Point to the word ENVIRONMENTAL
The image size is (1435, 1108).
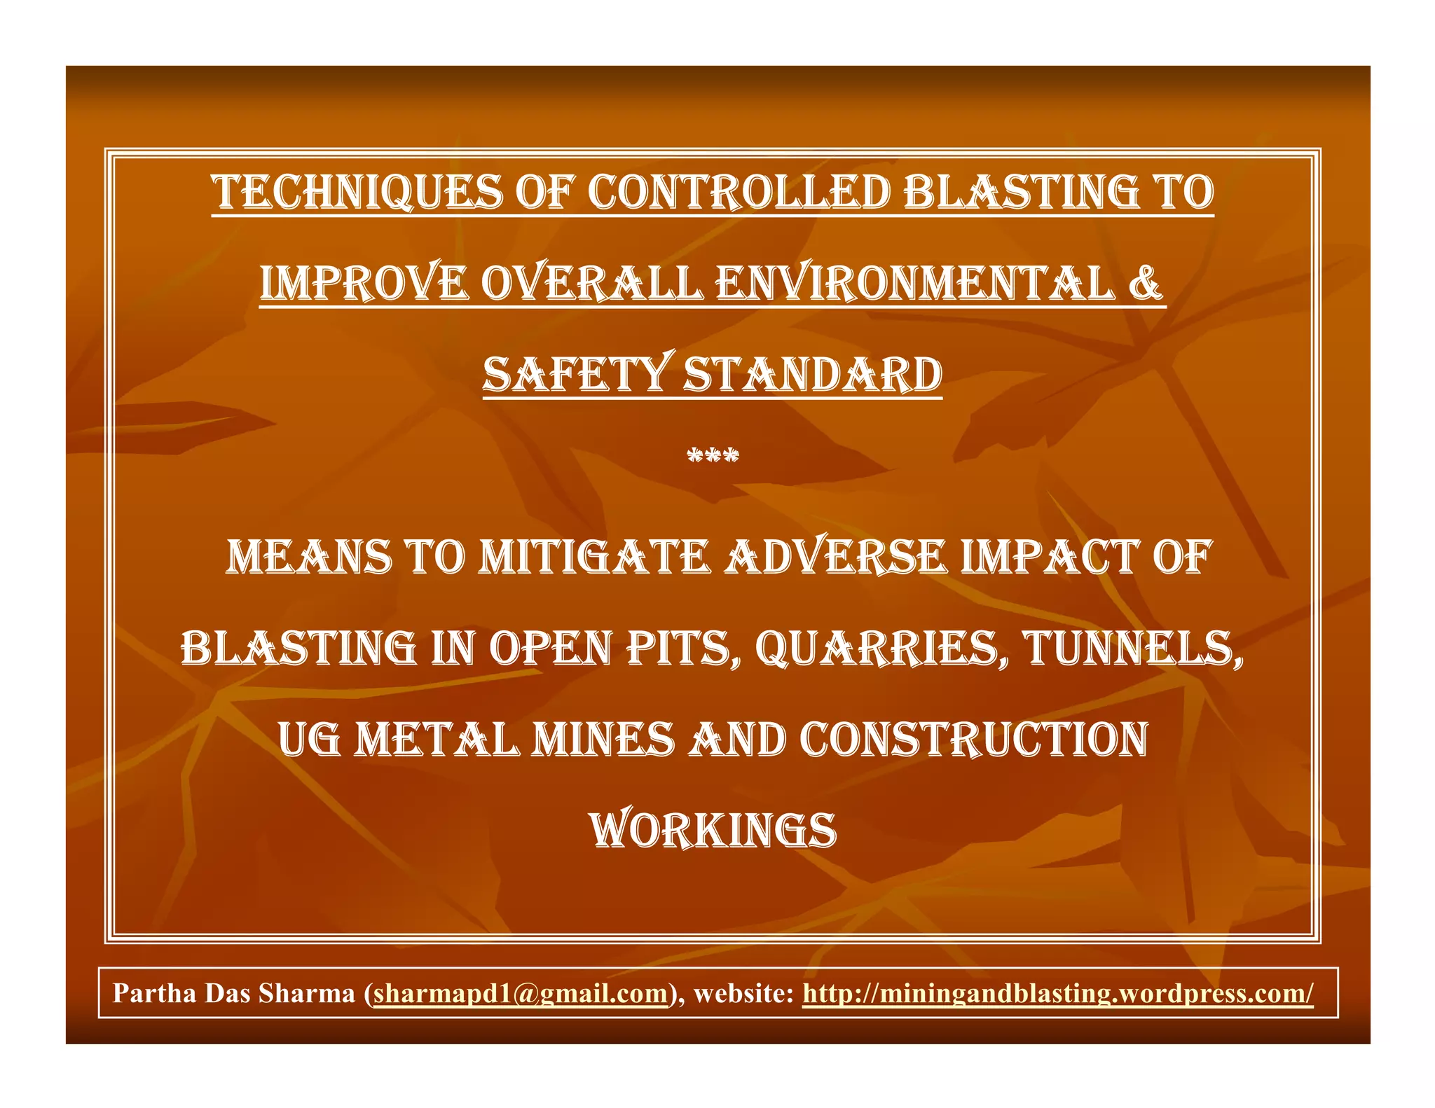(914, 283)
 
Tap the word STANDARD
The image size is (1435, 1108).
(813, 374)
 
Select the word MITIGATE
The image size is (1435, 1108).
(594, 558)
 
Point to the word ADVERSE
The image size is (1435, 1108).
(835, 558)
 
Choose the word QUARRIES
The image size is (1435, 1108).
(881, 649)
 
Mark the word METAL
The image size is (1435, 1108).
(437, 740)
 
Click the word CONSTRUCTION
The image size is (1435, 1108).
(973, 740)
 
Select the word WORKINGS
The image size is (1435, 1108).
(713, 831)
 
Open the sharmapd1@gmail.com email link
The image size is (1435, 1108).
(521, 993)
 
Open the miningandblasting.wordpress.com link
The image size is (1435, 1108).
(1058, 993)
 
